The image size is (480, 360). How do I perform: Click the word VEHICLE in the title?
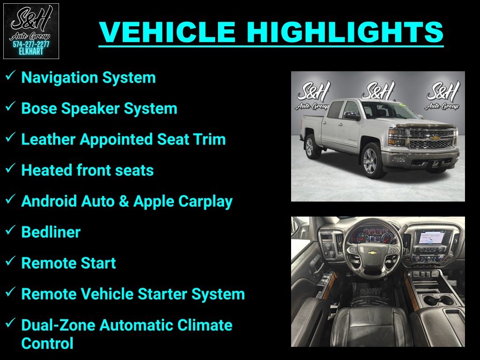tap(167, 32)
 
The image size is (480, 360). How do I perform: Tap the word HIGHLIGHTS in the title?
tap(345, 32)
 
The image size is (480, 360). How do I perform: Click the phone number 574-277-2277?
tap(31, 45)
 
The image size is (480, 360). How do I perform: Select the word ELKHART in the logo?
tap(31, 52)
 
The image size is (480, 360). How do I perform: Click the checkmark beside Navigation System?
tap(10, 75)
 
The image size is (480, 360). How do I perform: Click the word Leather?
tap(48, 139)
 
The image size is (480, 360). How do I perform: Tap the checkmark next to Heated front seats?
tap(10, 168)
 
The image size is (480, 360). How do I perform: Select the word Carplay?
tap(205, 202)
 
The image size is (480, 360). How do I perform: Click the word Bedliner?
tap(51, 232)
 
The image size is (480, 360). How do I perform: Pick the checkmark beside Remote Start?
tap(10, 261)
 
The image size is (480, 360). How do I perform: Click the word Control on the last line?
tap(47, 344)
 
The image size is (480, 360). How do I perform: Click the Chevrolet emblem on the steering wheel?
tap(372, 253)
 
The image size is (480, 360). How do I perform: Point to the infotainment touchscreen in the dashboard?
tap(432, 237)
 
